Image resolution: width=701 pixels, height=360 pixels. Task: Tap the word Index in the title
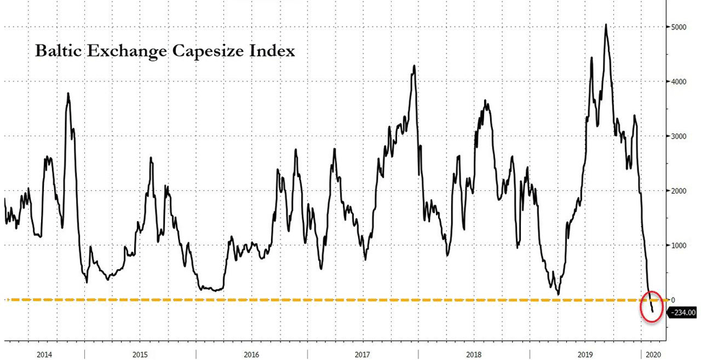[x=275, y=51]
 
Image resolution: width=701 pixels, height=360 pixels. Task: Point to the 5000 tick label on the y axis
[x=678, y=27]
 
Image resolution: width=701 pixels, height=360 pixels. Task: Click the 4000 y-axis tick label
[x=678, y=82]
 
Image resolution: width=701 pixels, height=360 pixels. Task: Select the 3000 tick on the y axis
[x=678, y=136]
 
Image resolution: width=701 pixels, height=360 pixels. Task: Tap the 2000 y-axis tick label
[x=678, y=191]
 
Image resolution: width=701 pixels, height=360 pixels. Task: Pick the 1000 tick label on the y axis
[x=678, y=246]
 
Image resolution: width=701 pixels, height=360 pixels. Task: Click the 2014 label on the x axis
[x=43, y=355]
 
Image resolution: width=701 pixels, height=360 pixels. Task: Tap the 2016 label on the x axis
[x=251, y=355]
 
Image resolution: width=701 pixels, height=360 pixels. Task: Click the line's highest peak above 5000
[x=606, y=25]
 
